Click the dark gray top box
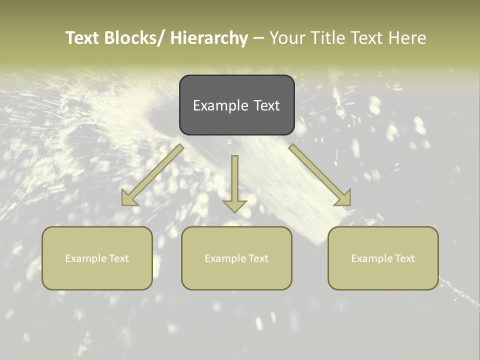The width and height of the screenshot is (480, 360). [x=236, y=105]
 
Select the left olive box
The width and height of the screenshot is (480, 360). [x=97, y=258]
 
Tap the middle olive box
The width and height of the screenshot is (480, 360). [x=236, y=258]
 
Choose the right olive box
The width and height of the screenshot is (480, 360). [x=383, y=258]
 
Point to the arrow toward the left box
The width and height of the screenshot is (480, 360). [x=152, y=175]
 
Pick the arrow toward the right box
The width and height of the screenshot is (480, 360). [x=320, y=175]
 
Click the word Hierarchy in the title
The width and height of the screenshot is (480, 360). [x=209, y=38]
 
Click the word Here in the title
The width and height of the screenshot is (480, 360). [x=407, y=38]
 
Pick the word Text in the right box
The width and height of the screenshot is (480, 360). [x=404, y=258]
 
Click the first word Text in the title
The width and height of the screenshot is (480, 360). [x=82, y=38]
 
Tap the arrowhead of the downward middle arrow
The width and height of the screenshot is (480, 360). [x=234, y=206]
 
